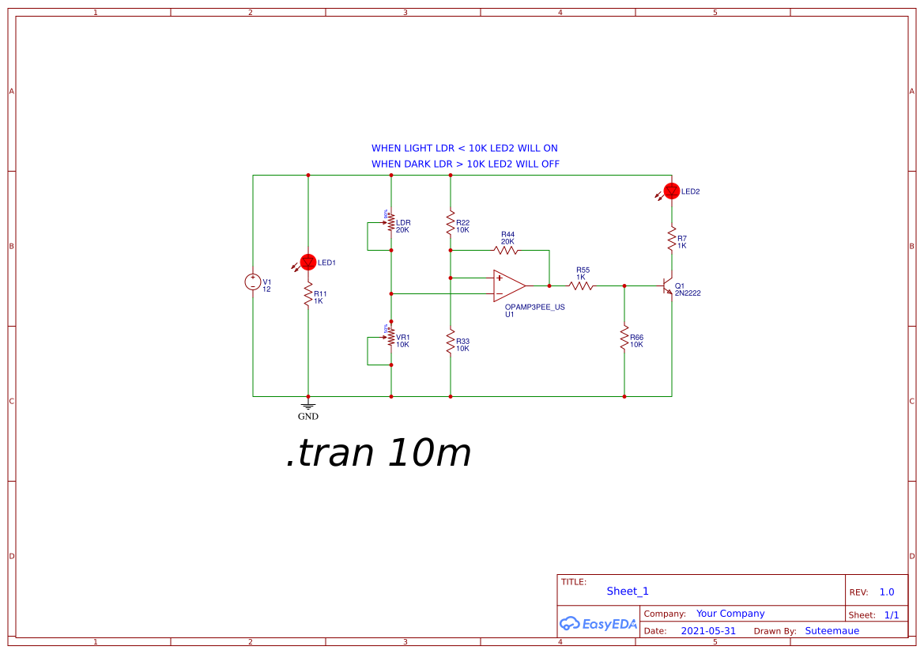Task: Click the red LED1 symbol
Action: [x=308, y=262]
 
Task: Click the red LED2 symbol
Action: [x=672, y=191]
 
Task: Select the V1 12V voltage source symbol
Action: [x=253, y=282]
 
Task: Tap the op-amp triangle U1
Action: [x=508, y=285]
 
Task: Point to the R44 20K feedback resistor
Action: [x=506, y=250]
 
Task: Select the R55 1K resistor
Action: [x=581, y=285]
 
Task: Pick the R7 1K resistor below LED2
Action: [x=672, y=237]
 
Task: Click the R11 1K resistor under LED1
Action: [x=308, y=295]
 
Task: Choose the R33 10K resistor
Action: [x=450, y=342]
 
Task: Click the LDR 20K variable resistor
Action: [x=390, y=225]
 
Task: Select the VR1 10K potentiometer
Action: [x=390, y=338]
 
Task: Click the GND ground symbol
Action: [x=308, y=406]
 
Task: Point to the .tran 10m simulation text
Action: [x=378, y=454]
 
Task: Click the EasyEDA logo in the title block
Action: [x=598, y=623]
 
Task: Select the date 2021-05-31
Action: [x=708, y=631]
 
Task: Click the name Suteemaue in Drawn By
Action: [x=832, y=631]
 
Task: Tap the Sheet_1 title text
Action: [x=628, y=591]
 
